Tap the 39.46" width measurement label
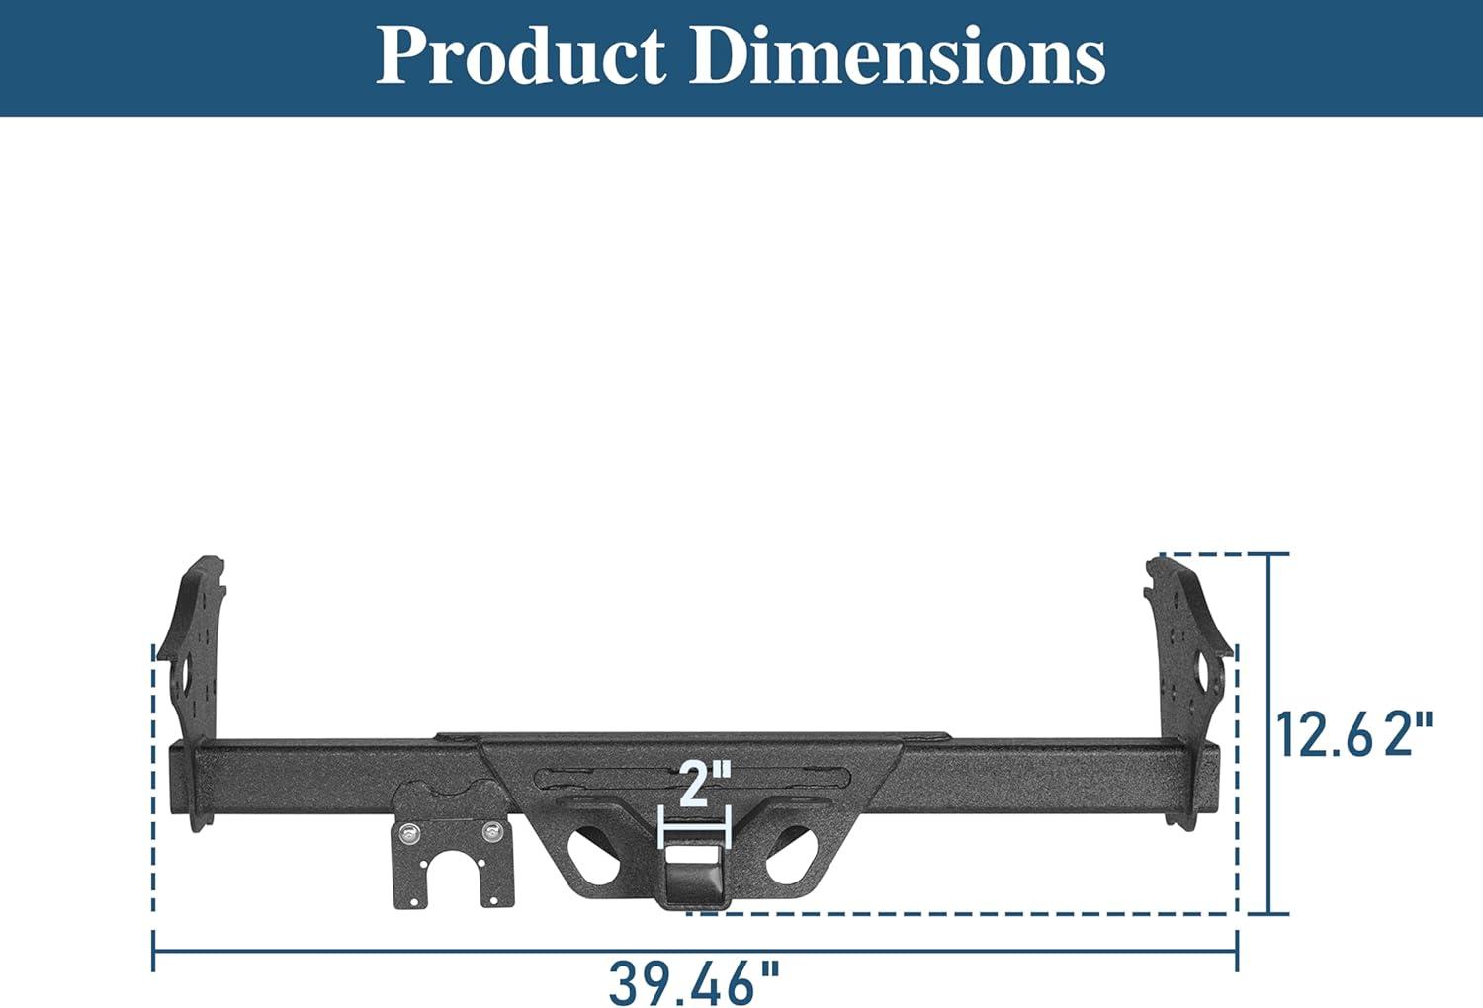click(x=695, y=984)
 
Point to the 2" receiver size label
click(x=706, y=785)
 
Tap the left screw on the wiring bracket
click(x=410, y=833)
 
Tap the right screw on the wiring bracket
click(x=492, y=831)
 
